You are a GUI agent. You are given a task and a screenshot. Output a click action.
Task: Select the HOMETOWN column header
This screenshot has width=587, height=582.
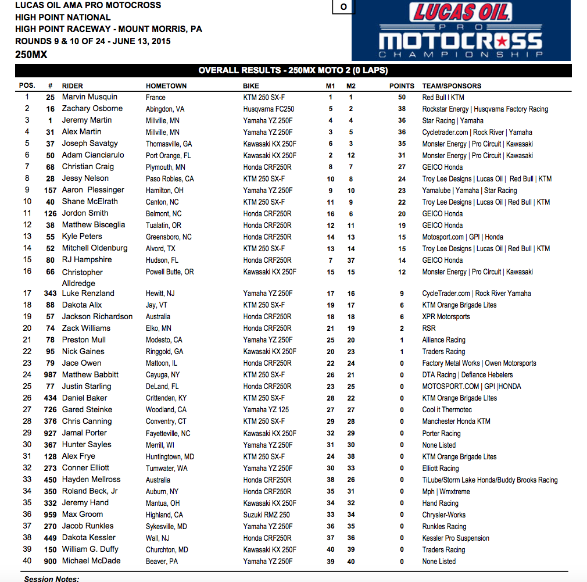[x=166, y=85]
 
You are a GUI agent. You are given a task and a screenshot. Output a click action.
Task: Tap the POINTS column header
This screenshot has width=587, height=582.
[x=402, y=85]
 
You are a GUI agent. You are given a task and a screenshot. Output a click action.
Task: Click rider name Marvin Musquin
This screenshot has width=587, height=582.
[x=90, y=97]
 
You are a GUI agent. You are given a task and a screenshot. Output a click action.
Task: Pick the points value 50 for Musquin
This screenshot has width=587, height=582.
[x=402, y=97]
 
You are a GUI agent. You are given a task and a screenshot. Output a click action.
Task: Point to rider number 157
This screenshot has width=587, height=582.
[x=51, y=190]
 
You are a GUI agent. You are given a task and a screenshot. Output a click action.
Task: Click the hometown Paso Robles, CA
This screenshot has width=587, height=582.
[x=170, y=178]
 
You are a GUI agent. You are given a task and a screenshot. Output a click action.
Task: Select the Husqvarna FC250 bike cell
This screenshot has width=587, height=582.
[x=269, y=109]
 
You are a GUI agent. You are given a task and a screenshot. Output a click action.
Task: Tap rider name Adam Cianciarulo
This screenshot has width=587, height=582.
[x=93, y=155]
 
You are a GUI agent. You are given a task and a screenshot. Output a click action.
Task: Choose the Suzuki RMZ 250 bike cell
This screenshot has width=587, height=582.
[x=266, y=515]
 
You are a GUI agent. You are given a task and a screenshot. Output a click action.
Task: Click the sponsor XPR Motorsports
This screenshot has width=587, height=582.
[x=446, y=317]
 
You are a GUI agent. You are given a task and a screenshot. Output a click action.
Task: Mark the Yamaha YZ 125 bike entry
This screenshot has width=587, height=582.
[x=266, y=410]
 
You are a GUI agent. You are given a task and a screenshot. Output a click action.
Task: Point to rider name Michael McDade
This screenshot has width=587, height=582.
[x=91, y=561]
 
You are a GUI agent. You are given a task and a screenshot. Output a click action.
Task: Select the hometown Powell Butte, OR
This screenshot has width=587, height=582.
[x=170, y=272]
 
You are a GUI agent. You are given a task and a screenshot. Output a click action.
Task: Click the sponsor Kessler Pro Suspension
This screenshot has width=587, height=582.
[x=456, y=538]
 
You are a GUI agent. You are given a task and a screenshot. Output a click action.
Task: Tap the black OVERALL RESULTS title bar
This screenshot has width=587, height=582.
[x=293, y=70]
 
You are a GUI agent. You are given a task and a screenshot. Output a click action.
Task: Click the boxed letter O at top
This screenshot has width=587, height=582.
[x=343, y=7]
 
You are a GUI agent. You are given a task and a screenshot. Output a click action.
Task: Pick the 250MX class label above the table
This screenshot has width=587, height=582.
[x=31, y=55]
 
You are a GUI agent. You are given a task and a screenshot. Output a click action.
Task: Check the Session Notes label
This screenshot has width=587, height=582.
[x=52, y=579]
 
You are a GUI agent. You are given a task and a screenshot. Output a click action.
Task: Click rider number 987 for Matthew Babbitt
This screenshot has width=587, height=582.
[x=51, y=375]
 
